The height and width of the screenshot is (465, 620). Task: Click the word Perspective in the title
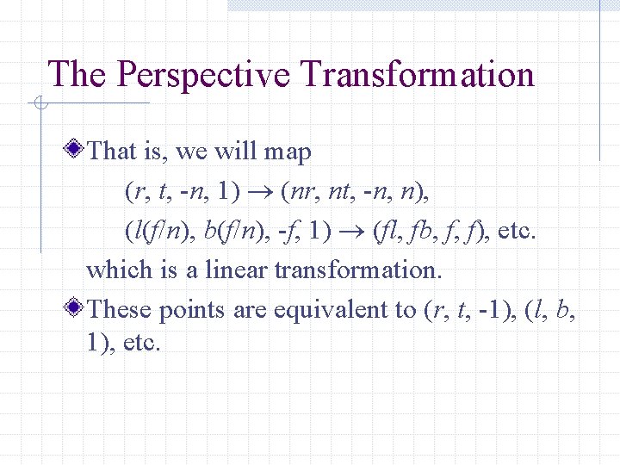pos(203,76)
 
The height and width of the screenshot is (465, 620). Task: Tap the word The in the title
pos(78,74)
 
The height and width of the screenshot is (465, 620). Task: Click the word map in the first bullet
pos(288,152)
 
